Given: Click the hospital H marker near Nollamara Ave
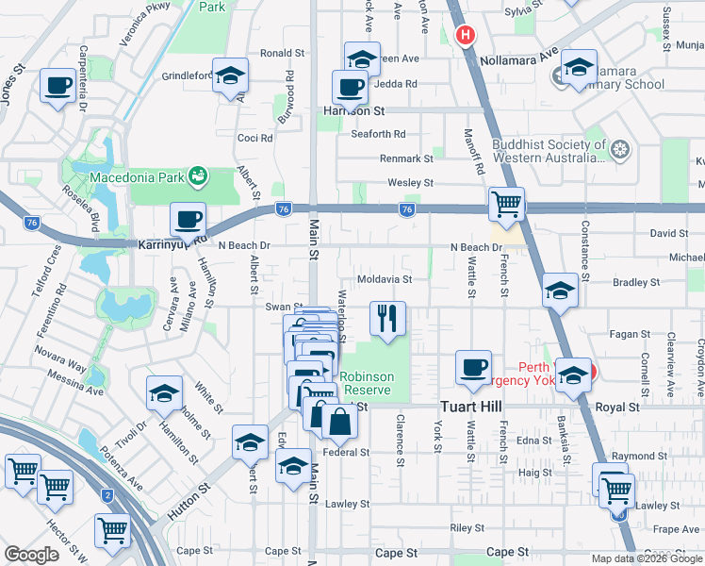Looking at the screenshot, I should tap(465, 37).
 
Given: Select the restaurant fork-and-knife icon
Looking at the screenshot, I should tap(387, 319).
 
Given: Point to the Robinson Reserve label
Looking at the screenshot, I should tap(367, 383).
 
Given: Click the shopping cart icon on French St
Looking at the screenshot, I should tap(507, 204).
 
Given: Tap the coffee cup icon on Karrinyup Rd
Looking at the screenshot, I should tap(188, 220).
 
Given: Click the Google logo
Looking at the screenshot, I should tap(31, 555).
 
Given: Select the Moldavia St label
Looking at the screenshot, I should tap(385, 279).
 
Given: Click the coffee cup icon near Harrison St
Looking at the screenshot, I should tap(351, 88).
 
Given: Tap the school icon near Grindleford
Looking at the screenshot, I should tap(229, 77).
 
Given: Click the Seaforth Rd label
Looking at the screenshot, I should tap(378, 134).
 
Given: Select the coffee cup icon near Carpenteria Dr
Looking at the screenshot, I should tap(57, 87).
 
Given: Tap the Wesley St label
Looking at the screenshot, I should tap(409, 183).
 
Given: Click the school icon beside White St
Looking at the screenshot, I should tap(164, 394).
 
